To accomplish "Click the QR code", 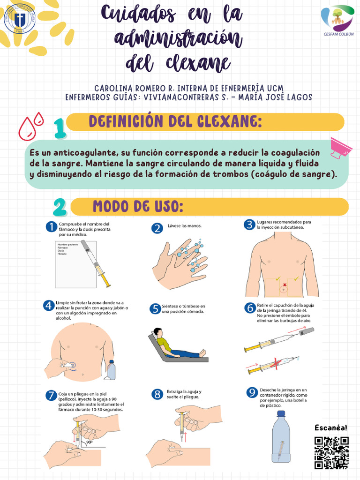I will pos(331,453).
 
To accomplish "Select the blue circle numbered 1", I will pos(51,227).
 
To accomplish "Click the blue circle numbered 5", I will pos(155,309).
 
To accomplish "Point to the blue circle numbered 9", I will pos(252,392).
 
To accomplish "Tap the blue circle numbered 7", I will pos(51,395).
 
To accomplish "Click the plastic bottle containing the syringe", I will pos(281,438).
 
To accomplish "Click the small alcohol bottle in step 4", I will pos(111,370).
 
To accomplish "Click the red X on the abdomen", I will pos(284,284).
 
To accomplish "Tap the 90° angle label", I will pos(90,442).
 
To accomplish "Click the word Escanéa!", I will pos(331,428).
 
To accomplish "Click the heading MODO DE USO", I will pos(137,206).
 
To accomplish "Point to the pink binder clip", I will pos(342,147).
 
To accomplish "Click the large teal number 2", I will pos(60,207).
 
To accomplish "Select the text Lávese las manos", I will pos(184,226).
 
